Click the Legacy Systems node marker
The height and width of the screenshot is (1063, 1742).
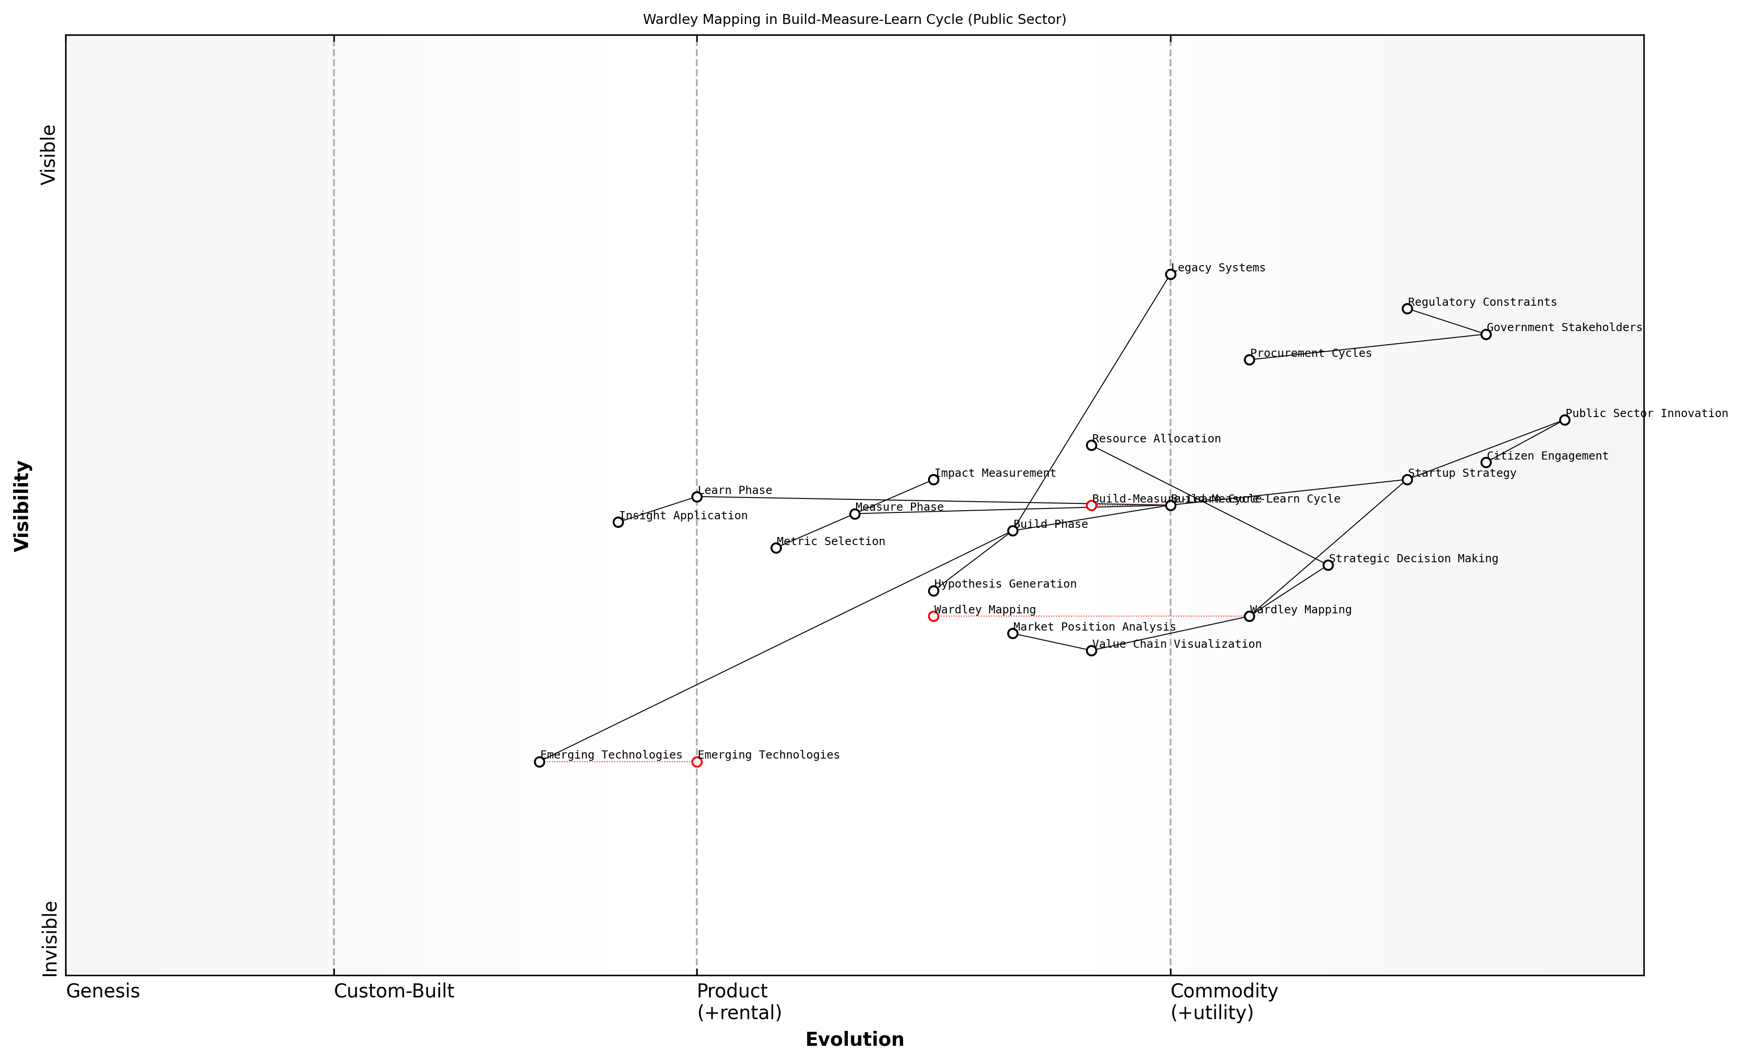coord(1170,274)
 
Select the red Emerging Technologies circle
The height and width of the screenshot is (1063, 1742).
coord(696,762)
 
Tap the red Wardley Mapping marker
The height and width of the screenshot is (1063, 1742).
coord(933,616)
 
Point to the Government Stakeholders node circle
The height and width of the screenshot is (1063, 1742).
coord(1485,334)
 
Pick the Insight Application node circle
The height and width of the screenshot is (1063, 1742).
coord(618,522)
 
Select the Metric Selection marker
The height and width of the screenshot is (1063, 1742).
coord(776,548)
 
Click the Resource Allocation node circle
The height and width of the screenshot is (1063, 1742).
coord(1091,445)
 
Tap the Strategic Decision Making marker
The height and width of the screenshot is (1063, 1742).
coord(1328,565)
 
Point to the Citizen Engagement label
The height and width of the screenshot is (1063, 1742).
coord(1547,456)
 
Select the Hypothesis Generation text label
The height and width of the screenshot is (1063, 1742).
coord(1004,584)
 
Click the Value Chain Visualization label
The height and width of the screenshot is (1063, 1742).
coord(1176,644)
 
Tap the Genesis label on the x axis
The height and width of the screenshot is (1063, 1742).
coord(103,991)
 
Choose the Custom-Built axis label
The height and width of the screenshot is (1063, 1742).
coord(394,991)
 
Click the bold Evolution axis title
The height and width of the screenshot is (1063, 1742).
coord(854,1039)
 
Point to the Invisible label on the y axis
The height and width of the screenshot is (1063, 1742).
coord(49,939)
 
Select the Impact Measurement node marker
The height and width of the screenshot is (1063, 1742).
coord(933,479)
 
